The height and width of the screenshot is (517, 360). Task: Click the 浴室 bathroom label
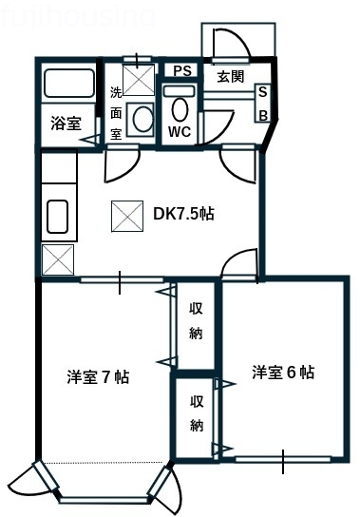coord(66,124)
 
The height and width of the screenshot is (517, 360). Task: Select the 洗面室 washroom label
coord(116,113)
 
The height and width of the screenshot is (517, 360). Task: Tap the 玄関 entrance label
coord(230,76)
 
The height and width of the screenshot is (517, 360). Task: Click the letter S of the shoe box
coord(264,93)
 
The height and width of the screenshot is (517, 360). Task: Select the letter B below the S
coord(264,115)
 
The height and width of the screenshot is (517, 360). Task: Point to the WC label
coord(180,132)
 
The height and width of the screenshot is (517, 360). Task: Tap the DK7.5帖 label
coord(183,214)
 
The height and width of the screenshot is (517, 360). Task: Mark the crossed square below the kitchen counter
coord(57,258)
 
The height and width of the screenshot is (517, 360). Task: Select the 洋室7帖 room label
coord(98,376)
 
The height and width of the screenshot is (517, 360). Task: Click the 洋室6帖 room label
coord(283,372)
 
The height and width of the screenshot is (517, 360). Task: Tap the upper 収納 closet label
coord(196,320)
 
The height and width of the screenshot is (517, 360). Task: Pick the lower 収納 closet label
coord(196,412)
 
